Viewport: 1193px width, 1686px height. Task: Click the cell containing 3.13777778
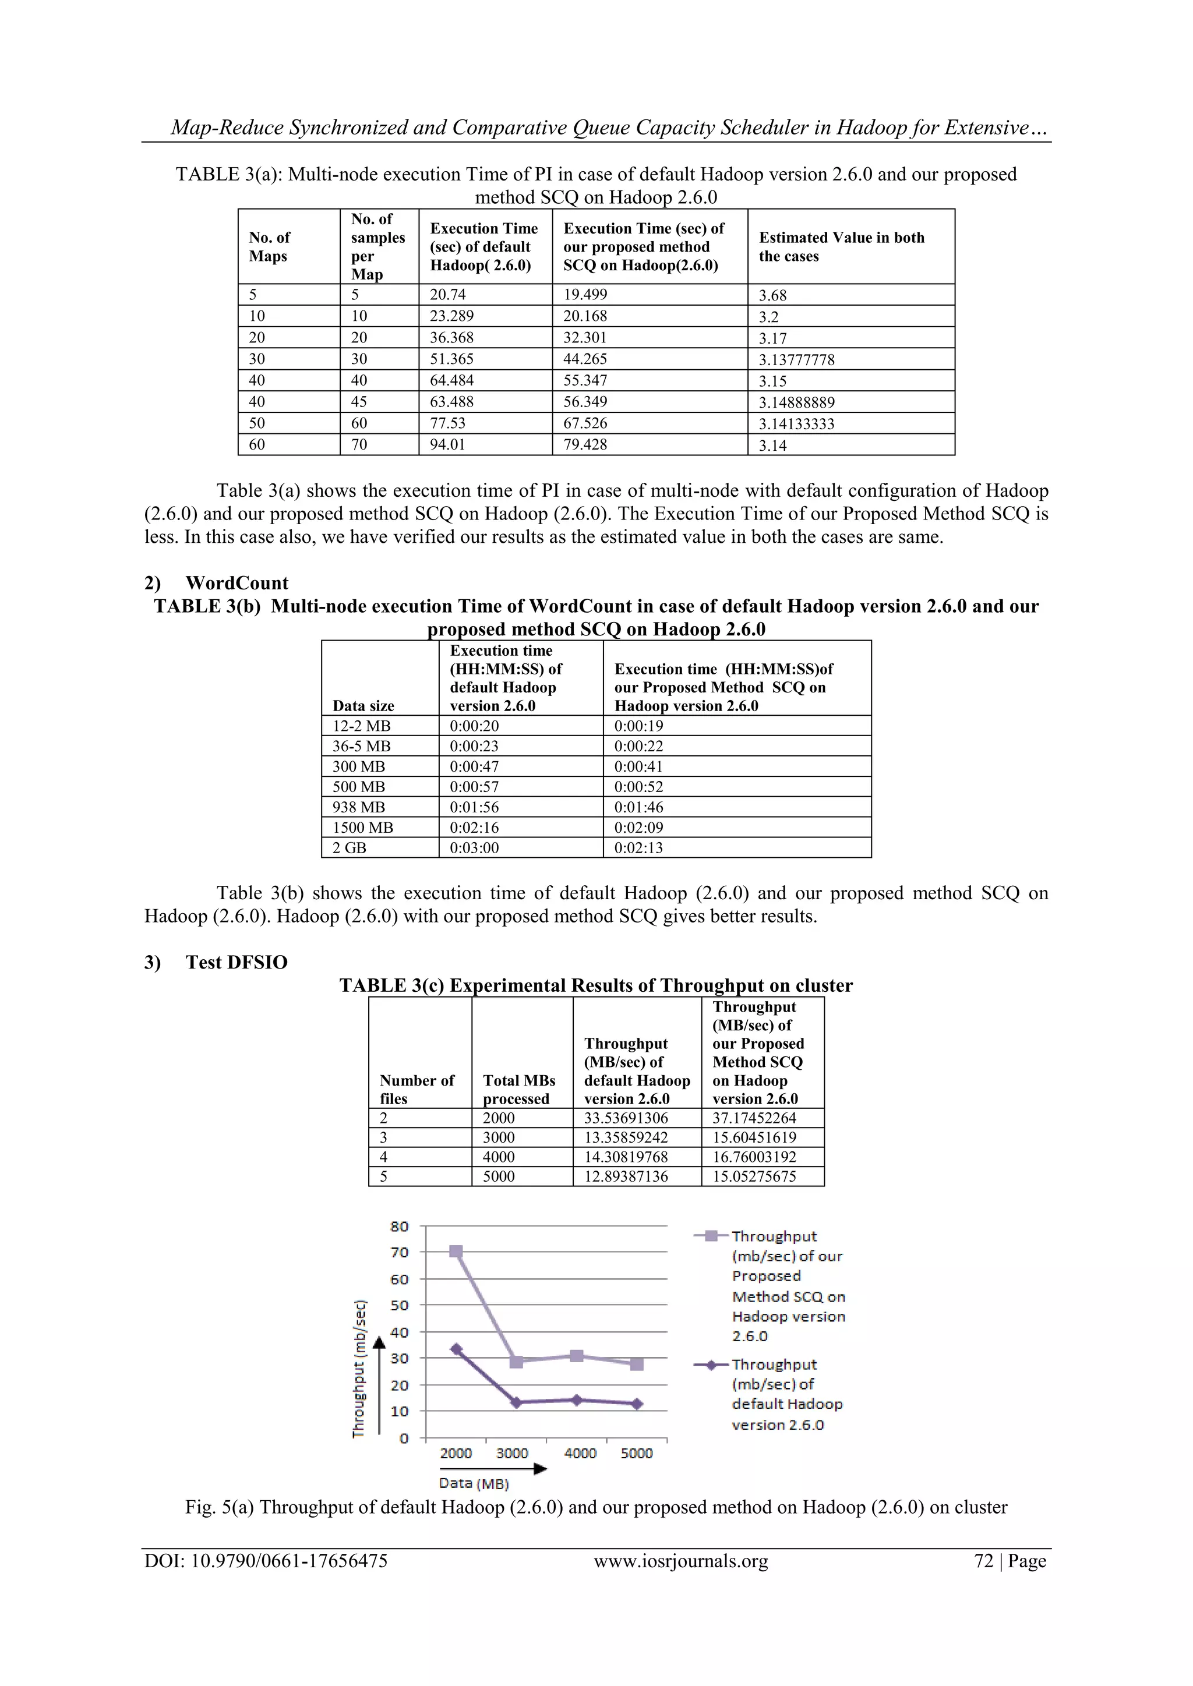click(x=796, y=360)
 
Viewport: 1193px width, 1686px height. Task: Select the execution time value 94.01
click(x=447, y=444)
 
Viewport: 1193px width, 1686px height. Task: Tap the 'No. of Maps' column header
click(x=270, y=247)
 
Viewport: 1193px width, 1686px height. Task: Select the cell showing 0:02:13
click(x=638, y=847)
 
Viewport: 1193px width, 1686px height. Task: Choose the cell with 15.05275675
click(x=754, y=1176)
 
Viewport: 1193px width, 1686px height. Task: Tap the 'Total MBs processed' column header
click(x=518, y=1090)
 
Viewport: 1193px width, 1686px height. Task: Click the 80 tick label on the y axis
click(x=399, y=1226)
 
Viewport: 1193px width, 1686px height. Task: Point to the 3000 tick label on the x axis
click(x=512, y=1453)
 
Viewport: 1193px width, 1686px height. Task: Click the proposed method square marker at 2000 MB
click(x=456, y=1252)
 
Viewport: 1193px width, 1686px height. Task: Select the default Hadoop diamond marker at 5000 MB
click(x=637, y=1404)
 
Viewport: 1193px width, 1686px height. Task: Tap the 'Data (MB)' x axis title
click(x=474, y=1483)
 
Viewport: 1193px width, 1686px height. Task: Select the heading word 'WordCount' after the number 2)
click(x=237, y=583)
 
